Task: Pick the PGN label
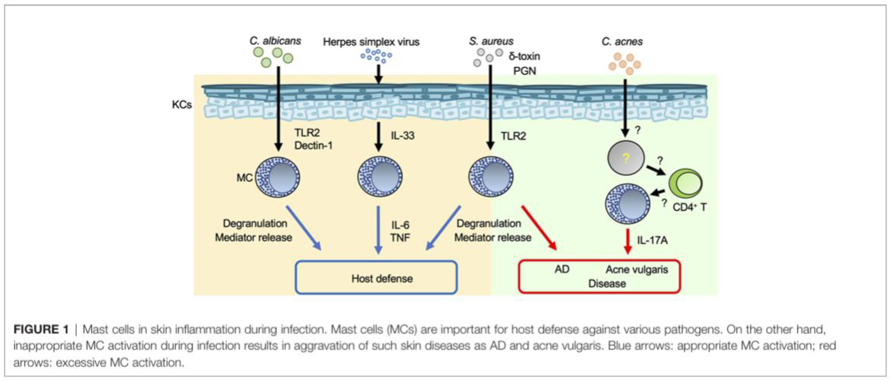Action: (x=524, y=71)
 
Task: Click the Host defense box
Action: (x=376, y=278)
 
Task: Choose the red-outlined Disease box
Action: (x=599, y=277)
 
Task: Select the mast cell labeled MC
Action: (x=277, y=177)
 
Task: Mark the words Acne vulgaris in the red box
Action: (x=636, y=270)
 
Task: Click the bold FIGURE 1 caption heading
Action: (x=41, y=329)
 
